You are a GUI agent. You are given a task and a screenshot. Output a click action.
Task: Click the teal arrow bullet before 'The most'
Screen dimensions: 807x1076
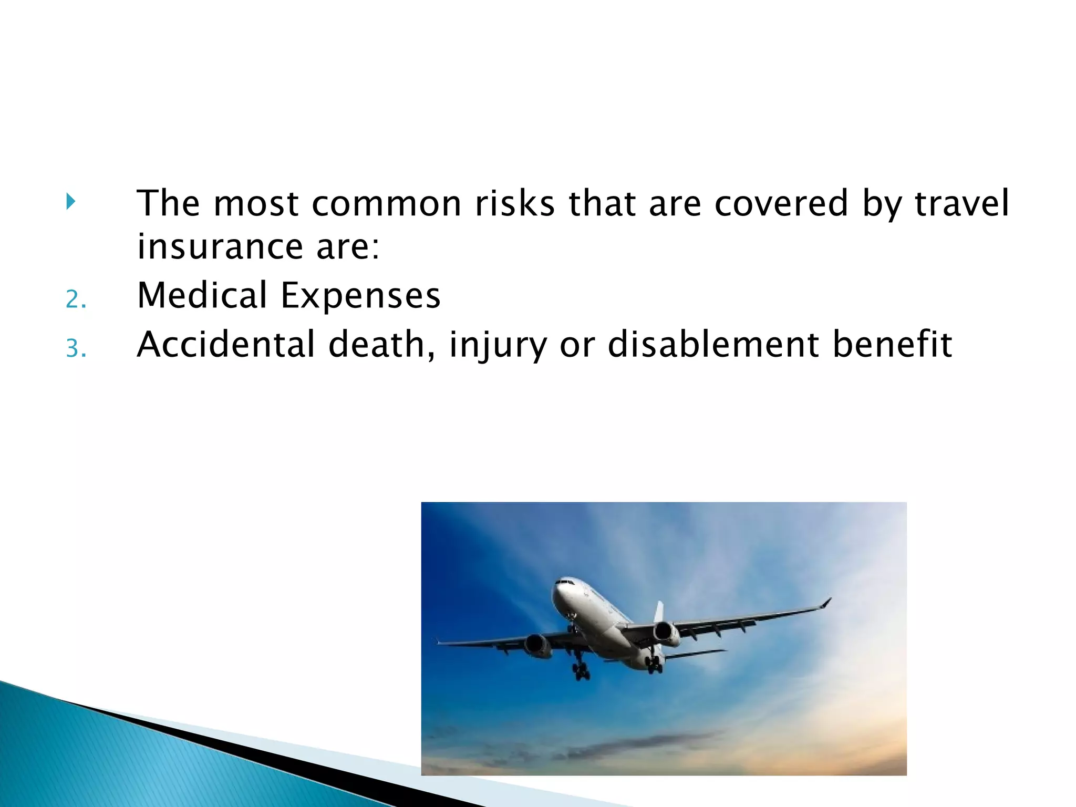(71, 201)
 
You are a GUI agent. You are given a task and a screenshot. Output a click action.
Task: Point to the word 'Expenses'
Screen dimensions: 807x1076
(360, 296)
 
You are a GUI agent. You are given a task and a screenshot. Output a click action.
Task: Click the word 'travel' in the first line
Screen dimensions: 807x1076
(961, 203)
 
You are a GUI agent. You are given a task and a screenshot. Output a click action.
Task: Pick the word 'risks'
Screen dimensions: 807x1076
(514, 203)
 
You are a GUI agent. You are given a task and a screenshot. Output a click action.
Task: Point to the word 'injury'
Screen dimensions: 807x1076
(498, 346)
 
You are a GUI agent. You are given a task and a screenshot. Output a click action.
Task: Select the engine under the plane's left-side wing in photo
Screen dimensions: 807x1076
(537, 646)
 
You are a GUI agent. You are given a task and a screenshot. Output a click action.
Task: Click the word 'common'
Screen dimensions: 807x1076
(386, 203)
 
